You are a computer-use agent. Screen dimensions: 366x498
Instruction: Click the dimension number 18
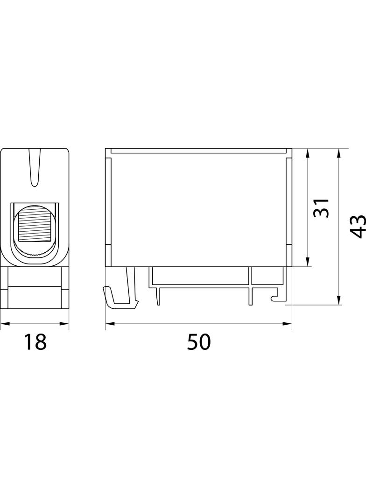tap(35, 341)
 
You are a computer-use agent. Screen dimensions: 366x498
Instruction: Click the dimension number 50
tap(199, 342)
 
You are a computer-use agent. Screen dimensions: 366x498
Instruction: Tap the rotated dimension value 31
tap(321, 208)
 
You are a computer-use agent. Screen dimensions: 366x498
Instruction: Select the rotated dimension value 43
tap(358, 226)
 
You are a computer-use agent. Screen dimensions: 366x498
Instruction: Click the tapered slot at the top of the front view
tap(35, 167)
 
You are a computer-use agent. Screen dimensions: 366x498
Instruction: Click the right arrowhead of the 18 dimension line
tap(64, 324)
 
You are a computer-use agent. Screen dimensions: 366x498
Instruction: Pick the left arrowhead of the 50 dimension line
tap(110, 324)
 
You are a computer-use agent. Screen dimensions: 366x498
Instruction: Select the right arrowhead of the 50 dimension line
tap(287, 324)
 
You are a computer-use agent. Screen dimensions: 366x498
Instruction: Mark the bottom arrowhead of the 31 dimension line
tap(307, 262)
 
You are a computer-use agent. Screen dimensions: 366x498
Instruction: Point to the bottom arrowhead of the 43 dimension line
tap(339, 300)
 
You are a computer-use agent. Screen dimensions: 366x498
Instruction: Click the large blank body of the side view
tap(198, 210)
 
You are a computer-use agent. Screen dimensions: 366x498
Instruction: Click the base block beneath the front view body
tap(35, 287)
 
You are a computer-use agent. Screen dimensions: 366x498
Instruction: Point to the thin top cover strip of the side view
tap(198, 151)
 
